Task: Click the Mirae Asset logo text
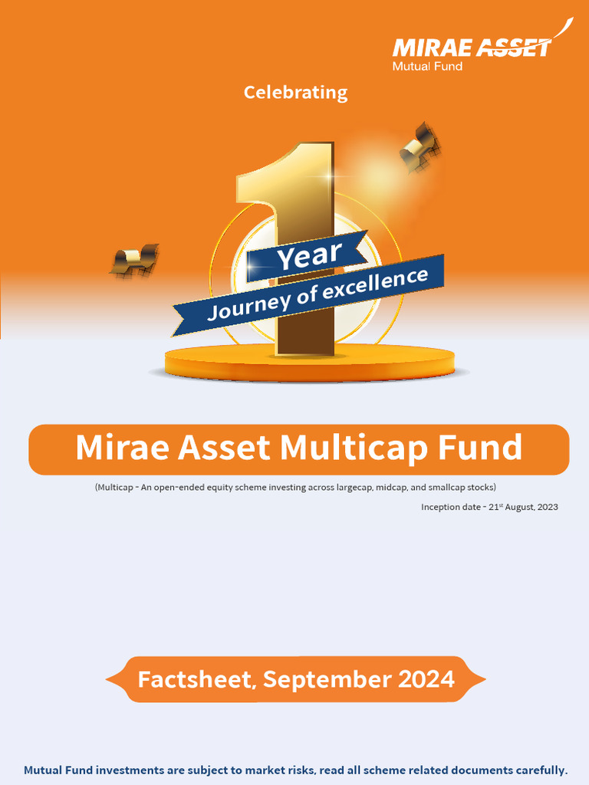point(471,48)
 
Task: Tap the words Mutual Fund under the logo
point(427,66)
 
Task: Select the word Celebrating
point(295,93)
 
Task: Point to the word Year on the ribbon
point(309,256)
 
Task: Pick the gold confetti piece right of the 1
point(419,146)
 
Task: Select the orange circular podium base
point(309,363)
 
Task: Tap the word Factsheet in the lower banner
point(195,680)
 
